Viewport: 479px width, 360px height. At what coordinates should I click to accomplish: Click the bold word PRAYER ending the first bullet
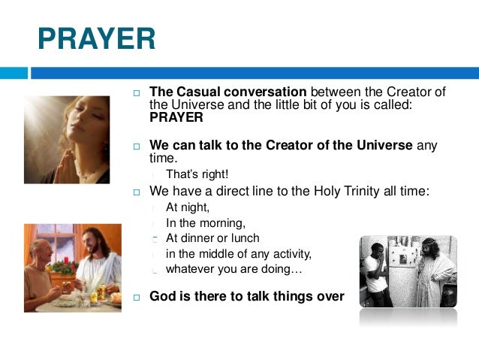[x=176, y=118]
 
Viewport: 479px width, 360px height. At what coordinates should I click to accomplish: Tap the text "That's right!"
[x=197, y=175]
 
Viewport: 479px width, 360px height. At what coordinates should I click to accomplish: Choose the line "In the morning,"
[x=206, y=223]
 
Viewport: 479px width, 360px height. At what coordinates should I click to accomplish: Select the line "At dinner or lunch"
[x=212, y=238]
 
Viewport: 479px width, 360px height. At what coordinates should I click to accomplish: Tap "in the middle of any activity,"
[x=238, y=253]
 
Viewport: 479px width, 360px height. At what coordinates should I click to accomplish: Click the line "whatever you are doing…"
[x=233, y=268]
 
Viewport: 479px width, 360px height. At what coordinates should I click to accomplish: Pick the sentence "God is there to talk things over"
[x=246, y=296]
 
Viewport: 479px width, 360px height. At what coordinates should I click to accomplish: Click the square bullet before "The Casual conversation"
[x=137, y=93]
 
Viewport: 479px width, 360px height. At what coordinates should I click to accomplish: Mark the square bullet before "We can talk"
[x=137, y=146]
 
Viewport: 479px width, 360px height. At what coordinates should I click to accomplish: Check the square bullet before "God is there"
[x=137, y=297]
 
